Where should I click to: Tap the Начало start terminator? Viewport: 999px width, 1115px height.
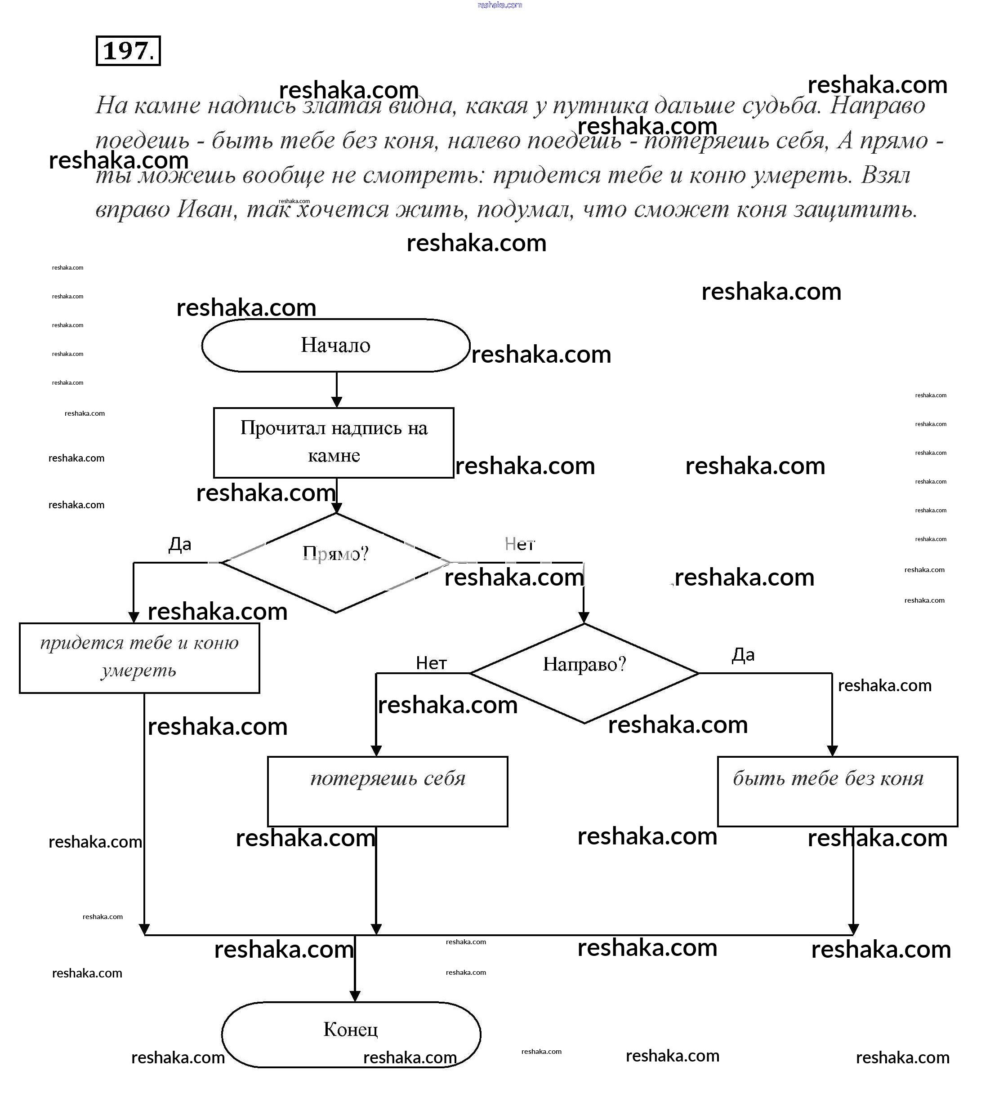click(x=335, y=345)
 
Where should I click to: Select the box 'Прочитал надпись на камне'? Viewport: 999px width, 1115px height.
click(x=333, y=442)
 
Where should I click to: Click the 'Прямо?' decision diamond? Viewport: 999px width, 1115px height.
click(x=335, y=562)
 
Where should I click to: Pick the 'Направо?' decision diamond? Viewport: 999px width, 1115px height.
click(x=584, y=672)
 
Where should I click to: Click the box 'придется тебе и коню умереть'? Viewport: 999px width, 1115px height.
click(x=139, y=657)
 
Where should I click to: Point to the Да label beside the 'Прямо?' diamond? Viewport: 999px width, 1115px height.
click(x=179, y=544)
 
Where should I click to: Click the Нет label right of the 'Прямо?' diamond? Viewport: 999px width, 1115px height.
click(x=519, y=544)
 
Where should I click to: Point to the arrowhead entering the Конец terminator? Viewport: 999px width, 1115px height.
click(x=355, y=995)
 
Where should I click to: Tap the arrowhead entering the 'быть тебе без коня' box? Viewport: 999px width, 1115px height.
click(x=832, y=751)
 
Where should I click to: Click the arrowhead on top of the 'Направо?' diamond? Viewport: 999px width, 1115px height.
click(x=584, y=618)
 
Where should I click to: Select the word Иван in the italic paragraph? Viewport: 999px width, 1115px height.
click(x=207, y=209)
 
